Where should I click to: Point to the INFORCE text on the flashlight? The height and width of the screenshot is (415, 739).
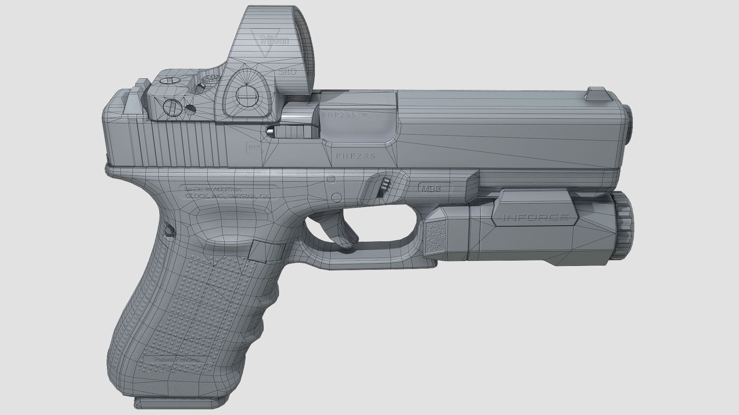click(x=535, y=217)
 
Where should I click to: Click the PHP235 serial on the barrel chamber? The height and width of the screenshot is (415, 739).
click(x=339, y=115)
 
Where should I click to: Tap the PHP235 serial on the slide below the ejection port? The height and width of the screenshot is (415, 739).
click(x=355, y=156)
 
